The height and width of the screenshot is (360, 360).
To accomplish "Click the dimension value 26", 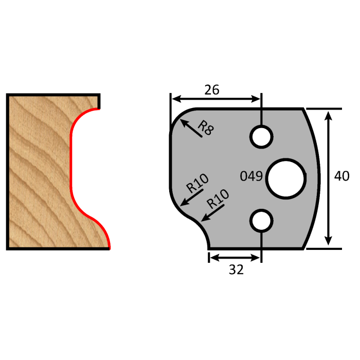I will (212, 89).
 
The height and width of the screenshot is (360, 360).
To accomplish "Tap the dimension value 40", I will (341, 176).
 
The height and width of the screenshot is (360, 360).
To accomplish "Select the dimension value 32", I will (236, 269).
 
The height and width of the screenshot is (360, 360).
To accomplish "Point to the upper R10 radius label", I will (197, 183).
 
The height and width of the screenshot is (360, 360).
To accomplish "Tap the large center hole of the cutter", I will (286, 178).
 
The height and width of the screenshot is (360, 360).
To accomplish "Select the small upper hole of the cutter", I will (261, 137).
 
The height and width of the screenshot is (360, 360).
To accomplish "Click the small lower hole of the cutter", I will (261, 220).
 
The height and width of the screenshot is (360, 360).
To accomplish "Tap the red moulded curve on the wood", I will (72, 170).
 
